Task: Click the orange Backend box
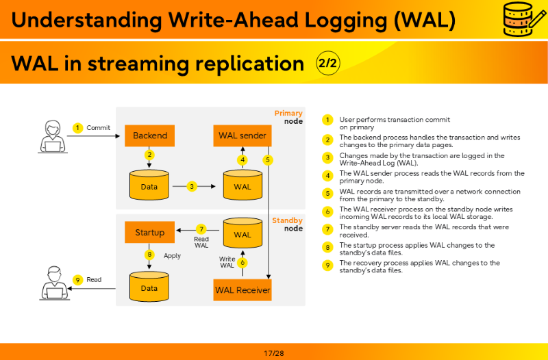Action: pyautogui.click(x=149, y=136)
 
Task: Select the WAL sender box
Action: pyautogui.click(x=242, y=136)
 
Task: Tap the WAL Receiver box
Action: pyautogui.click(x=242, y=290)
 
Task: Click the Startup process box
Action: pyautogui.click(x=149, y=232)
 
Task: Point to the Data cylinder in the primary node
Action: pyautogui.click(x=149, y=185)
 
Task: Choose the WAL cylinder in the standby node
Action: pyautogui.click(x=242, y=233)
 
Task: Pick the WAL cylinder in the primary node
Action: pyautogui.click(x=242, y=185)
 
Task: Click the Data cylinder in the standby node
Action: pyautogui.click(x=149, y=287)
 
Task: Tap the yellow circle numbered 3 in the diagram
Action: pyautogui.click(x=192, y=186)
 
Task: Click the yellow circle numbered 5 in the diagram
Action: pyautogui.click(x=268, y=160)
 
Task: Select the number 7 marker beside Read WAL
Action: pyautogui.click(x=201, y=229)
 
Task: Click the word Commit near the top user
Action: pyautogui.click(x=98, y=128)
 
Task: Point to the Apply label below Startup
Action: pyautogui.click(x=173, y=256)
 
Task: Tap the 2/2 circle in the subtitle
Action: pyautogui.click(x=328, y=63)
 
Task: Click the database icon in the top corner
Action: pyautogui.click(x=524, y=18)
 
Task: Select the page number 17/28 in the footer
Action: pyautogui.click(x=274, y=353)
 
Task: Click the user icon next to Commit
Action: pyautogui.click(x=53, y=136)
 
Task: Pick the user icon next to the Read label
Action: pyautogui.click(x=54, y=283)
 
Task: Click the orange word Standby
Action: pyautogui.click(x=287, y=220)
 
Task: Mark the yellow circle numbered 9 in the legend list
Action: pyautogui.click(x=327, y=266)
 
